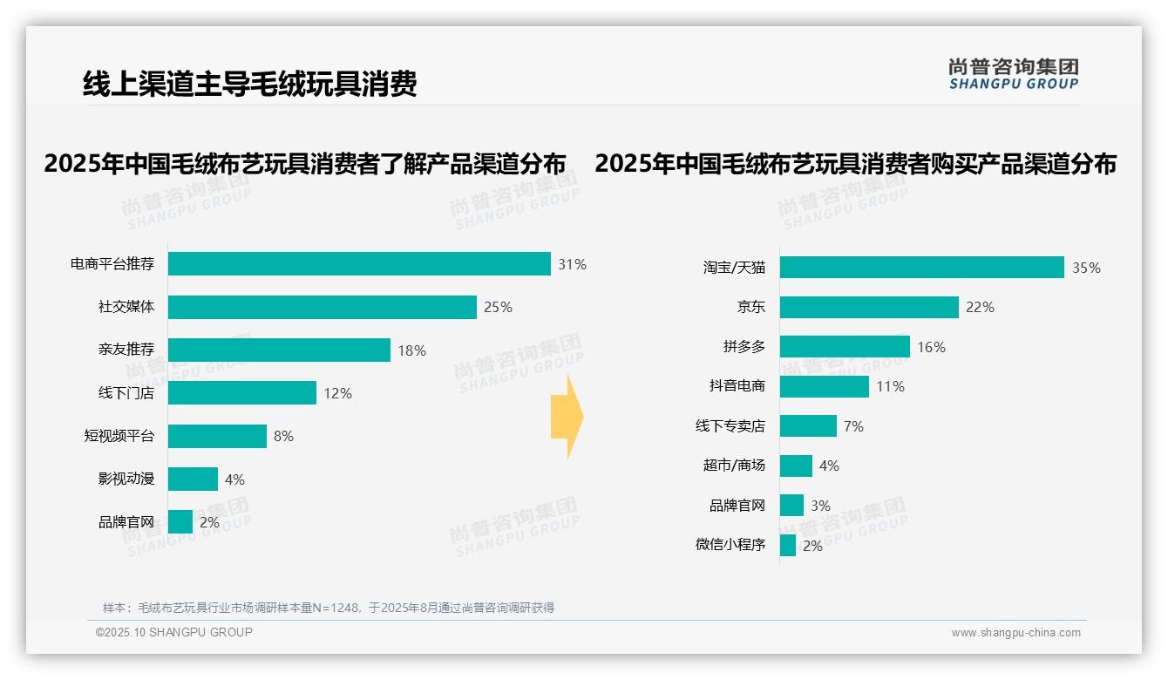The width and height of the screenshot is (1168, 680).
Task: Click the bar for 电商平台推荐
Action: click(x=359, y=264)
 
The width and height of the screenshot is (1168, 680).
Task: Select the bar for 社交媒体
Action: click(x=323, y=307)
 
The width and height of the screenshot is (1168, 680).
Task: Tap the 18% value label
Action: click(x=411, y=350)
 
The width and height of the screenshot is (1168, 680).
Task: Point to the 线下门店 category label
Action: click(x=126, y=393)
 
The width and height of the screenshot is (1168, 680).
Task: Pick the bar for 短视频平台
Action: click(x=217, y=436)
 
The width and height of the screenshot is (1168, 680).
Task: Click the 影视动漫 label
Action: click(x=126, y=479)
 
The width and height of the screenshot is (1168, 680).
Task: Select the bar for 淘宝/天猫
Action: click(x=921, y=268)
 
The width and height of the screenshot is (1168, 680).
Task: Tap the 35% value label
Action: click(x=1086, y=269)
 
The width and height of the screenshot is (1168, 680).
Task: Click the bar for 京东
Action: click(x=869, y=307)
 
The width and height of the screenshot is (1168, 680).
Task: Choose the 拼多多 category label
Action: click(x=744, y=347)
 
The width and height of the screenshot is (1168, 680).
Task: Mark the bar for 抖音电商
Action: click(x=824, y=386)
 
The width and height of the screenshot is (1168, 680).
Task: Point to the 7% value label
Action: click(x=853, y=426)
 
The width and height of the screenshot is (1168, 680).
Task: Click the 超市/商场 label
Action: click(x=734, y=466)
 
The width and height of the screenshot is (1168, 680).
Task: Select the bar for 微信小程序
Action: click(x=788, y=546)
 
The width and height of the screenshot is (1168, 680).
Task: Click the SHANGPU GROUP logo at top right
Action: click(x=1013, y=74)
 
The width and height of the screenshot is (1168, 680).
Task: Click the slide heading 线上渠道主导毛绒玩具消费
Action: click(x=249, y=84)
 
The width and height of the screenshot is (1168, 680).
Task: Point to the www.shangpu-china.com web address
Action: click(x=1015, y=633)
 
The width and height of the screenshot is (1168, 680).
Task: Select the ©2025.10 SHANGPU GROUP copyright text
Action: click(x=174, y=632)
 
